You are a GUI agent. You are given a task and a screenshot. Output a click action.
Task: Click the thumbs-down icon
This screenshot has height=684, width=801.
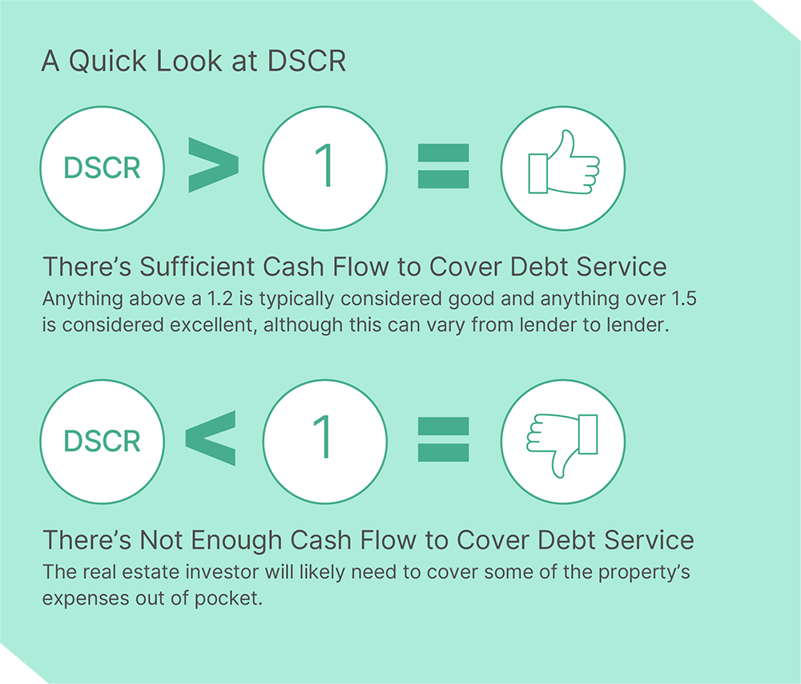pyautogui.click(x=563, y=441)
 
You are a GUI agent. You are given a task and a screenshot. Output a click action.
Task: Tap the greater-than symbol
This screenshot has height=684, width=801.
pyautogui.click(x=213, y=165)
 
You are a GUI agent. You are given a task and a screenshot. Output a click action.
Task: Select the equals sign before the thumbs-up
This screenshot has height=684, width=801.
pyautogui.click(x=443, y=166)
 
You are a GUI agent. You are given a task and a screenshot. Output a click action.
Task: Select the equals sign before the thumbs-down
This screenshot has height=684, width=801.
pyautogui.click(x=443, y=439)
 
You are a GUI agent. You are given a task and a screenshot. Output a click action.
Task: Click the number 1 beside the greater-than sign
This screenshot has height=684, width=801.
pyautogui.click(x=324, y=167)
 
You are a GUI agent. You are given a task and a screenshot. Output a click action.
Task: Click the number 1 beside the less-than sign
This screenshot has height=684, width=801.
pyautogui.click(x=324, y=440)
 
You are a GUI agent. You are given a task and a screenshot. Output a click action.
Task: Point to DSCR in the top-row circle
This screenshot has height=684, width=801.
pyautogui.click(x=102, y=168)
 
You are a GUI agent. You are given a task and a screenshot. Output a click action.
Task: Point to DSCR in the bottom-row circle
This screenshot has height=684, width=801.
pyautogui.click(x=102, y=442)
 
